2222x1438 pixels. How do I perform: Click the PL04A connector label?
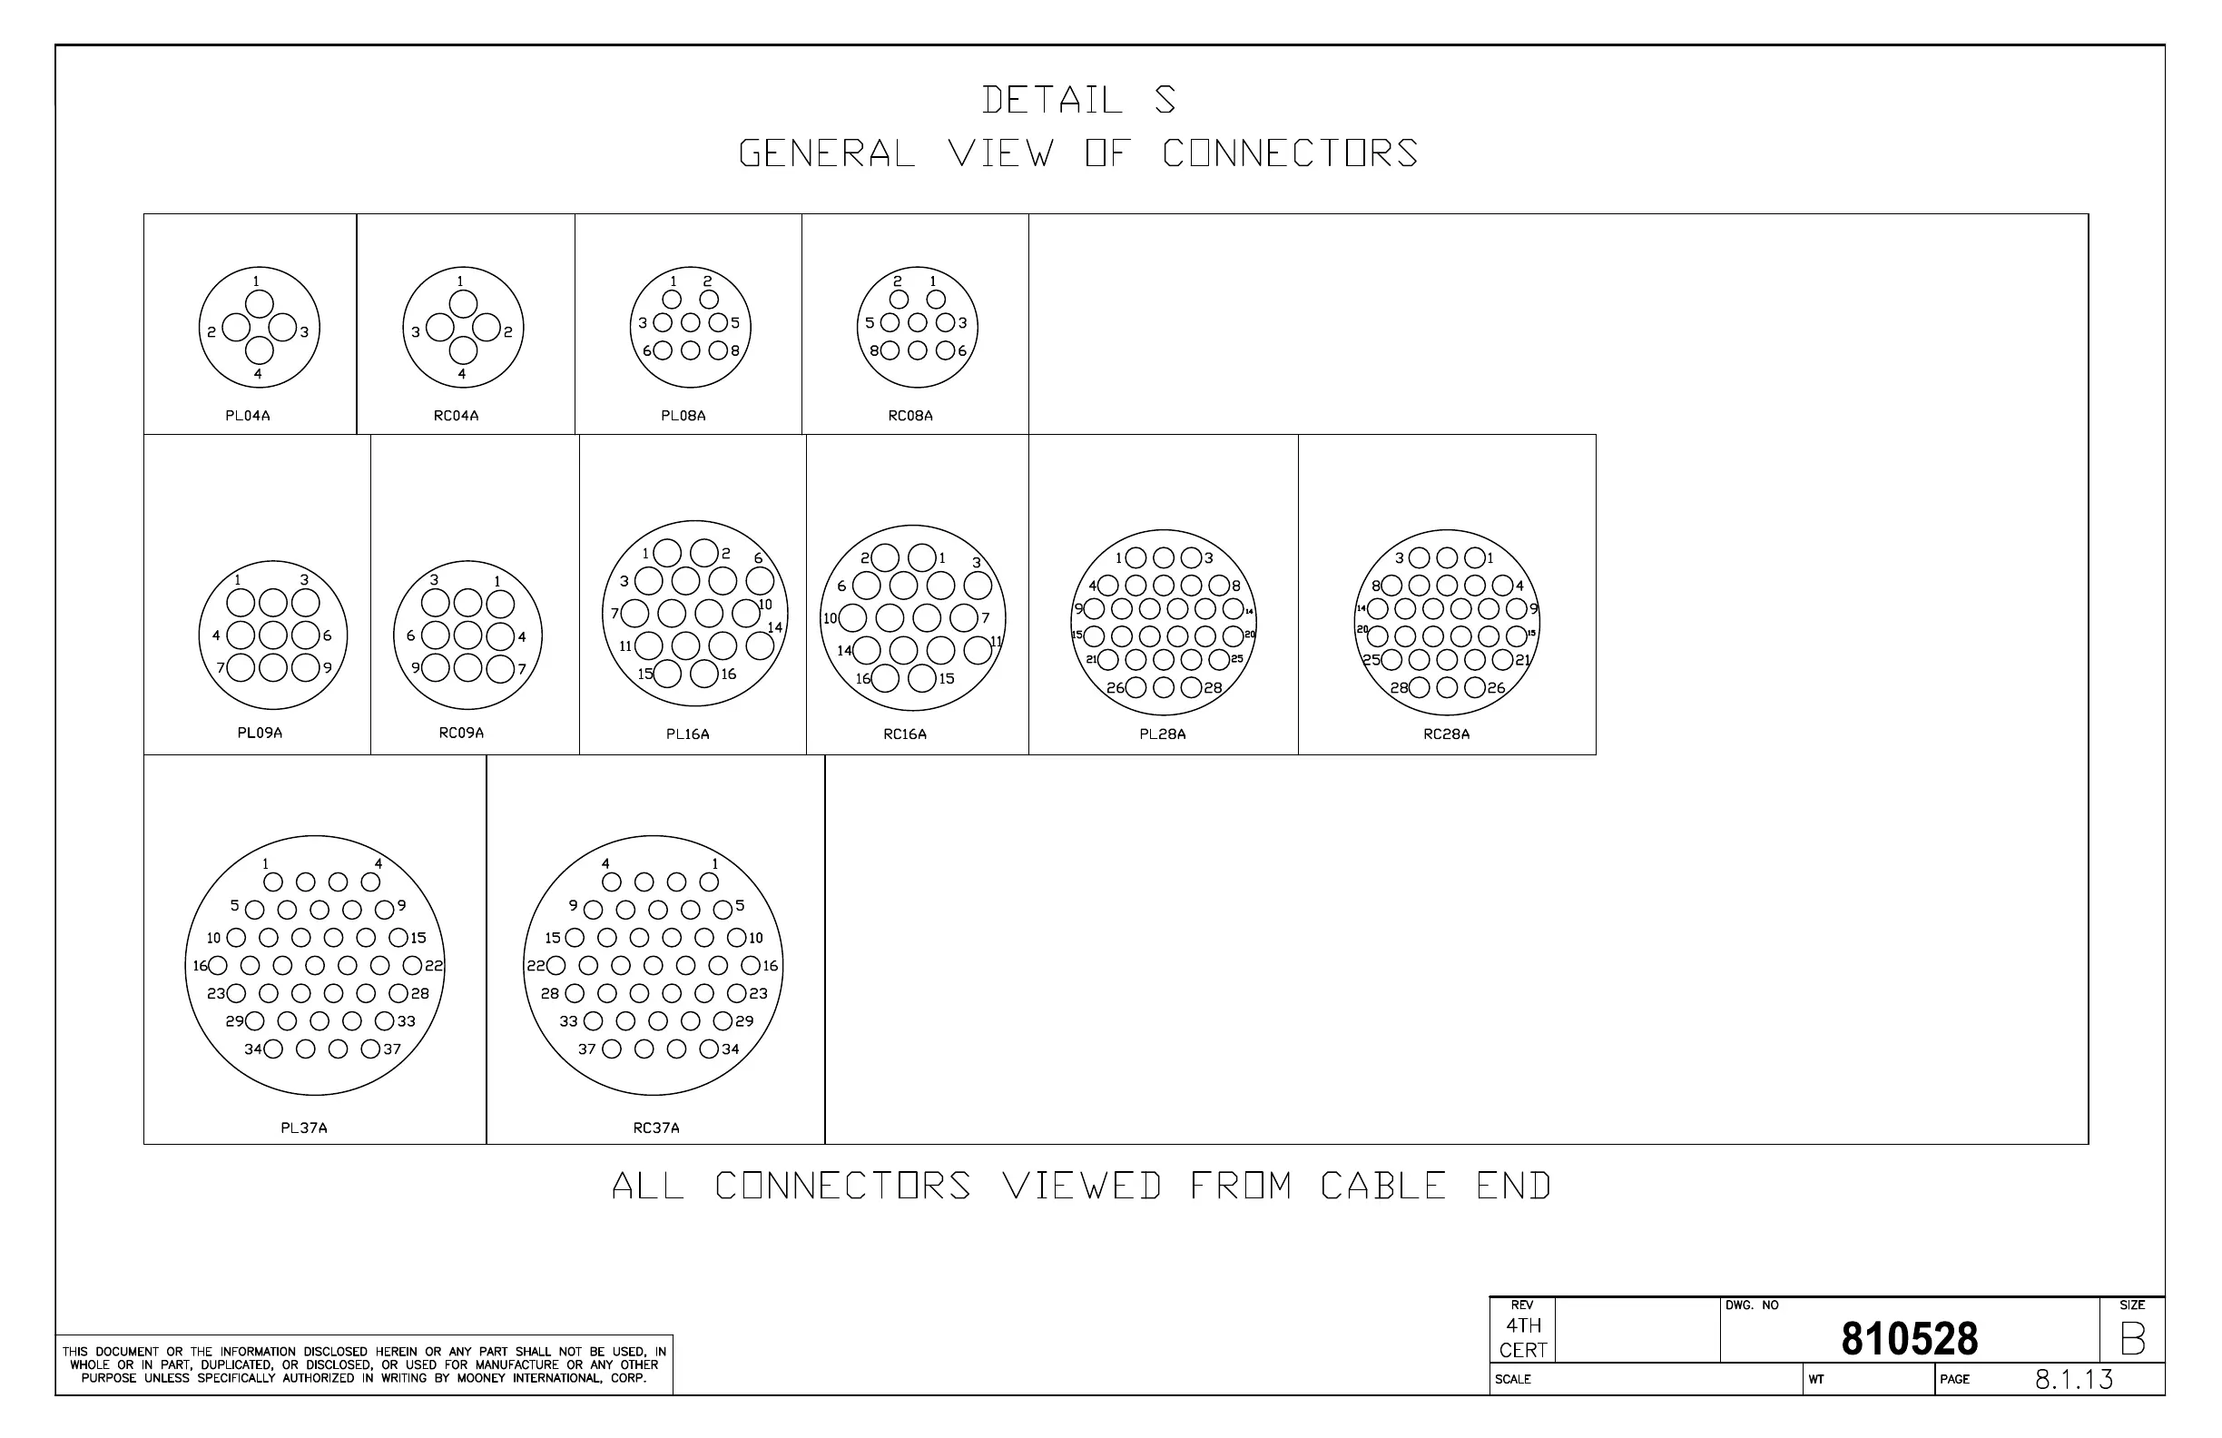248,416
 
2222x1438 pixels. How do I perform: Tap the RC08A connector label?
910,416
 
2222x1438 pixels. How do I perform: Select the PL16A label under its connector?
687,734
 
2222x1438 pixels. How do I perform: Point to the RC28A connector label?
1446,734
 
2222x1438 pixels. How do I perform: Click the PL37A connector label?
304,1128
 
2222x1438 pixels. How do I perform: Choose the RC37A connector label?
656,1128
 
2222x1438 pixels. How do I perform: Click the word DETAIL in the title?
1052,100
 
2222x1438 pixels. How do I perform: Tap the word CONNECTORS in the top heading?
1289,154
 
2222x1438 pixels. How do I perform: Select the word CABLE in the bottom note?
1382,1186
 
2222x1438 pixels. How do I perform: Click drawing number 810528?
1909,1339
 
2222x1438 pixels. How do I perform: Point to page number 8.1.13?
2073,1379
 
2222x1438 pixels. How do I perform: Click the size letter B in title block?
2132,1340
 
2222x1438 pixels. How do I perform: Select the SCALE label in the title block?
1512,1379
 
